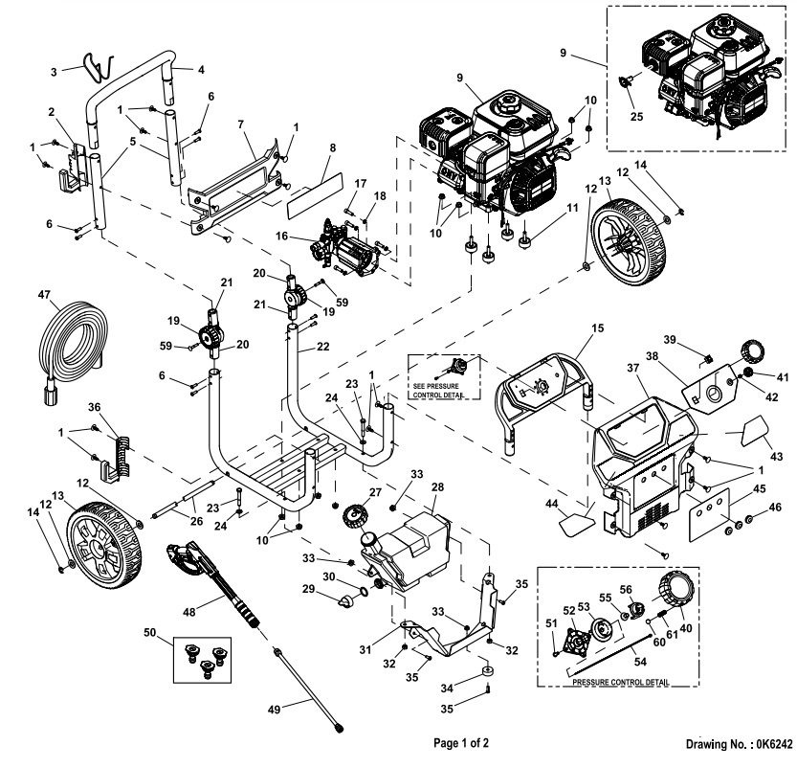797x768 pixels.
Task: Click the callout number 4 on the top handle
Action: (x=200, y=69)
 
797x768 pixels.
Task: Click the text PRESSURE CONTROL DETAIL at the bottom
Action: (x=620, y=684)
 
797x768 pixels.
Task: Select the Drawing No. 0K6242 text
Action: (x=739, y=743)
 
